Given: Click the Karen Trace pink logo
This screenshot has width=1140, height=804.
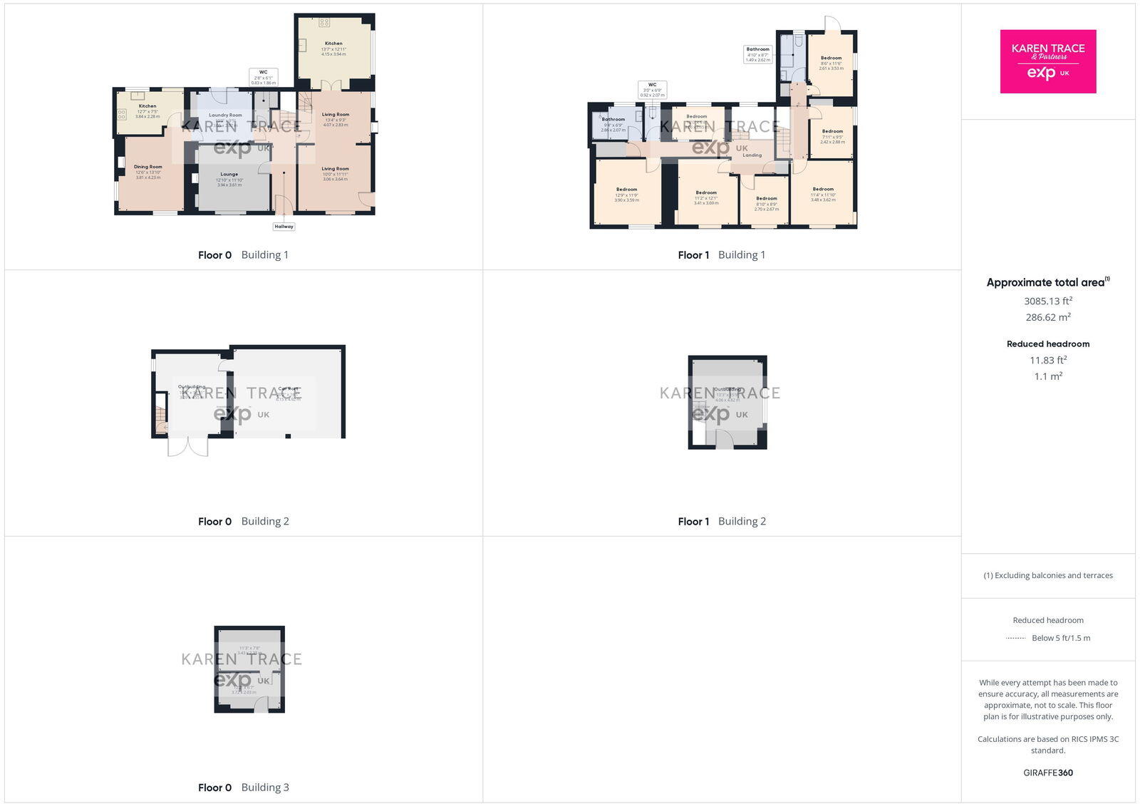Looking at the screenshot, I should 1047,61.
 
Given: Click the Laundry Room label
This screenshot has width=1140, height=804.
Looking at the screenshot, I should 225,115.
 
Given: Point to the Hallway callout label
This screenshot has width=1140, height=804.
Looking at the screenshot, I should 284,227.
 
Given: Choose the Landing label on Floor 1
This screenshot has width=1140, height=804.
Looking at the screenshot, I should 752,155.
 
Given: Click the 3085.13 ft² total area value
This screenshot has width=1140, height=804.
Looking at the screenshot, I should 1047,301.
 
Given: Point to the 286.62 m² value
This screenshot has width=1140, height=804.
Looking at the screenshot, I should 1047,317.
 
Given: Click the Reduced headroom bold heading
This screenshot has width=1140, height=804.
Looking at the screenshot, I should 1047,344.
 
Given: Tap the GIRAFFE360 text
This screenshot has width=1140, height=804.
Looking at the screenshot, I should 1047,773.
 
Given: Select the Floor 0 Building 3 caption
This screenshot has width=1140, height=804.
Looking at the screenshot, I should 243,787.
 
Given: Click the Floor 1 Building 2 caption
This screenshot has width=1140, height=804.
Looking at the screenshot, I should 721,521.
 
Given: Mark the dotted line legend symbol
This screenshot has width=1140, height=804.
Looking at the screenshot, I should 1015,638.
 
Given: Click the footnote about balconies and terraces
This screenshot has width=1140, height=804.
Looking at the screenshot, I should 1047,575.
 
